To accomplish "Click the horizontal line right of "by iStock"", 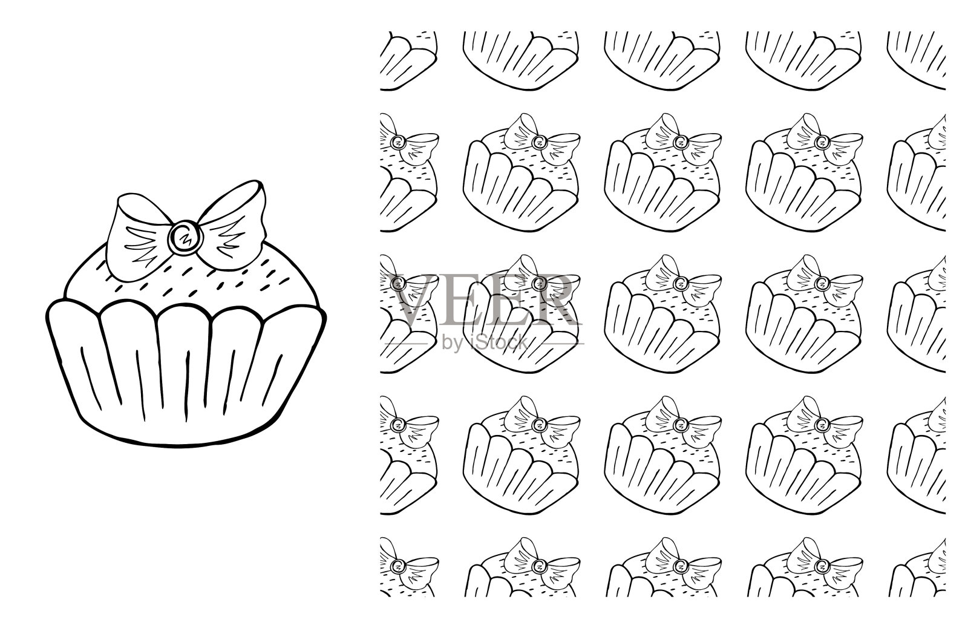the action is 559,344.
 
